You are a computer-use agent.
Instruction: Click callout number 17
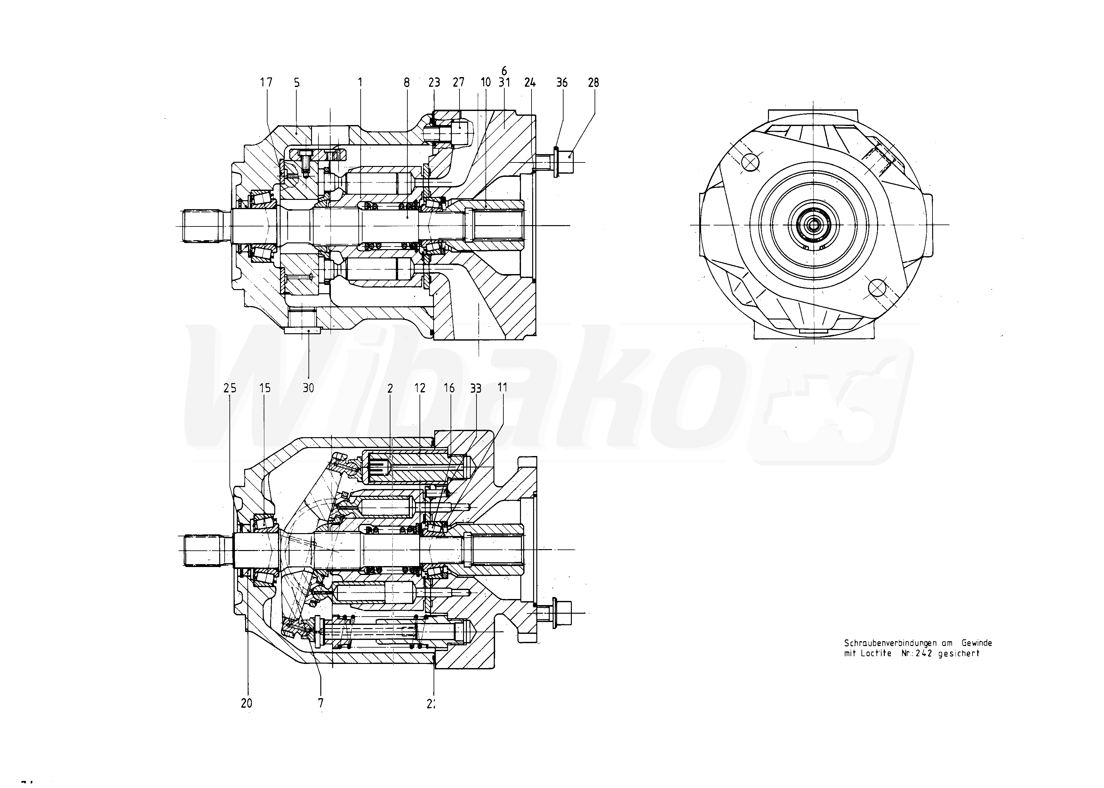click(x=266, y=83)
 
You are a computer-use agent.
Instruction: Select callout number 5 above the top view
click(x=297, y=83)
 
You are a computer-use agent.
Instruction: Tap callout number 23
click(x=434, y=83)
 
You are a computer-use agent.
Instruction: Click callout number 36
click(x=562, y=83)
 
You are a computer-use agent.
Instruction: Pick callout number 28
click(x=593, y=83)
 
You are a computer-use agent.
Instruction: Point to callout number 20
click(x=247, y=703)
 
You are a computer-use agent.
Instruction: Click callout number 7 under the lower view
click(x=321, y=703)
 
